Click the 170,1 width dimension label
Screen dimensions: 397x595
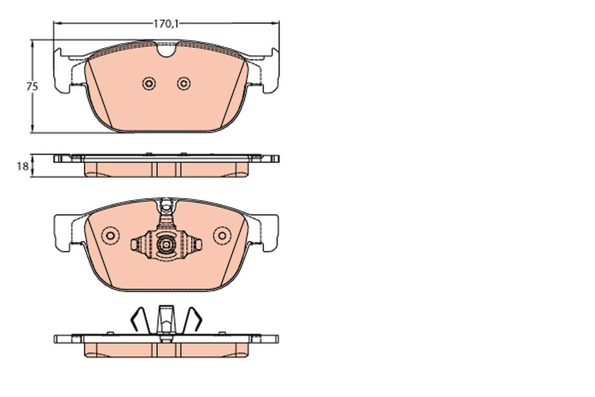pyautogui.click(x=166, y=24)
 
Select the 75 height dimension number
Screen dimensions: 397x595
pyautogui.click(x=32, y=86)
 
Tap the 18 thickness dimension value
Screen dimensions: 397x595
pyautogui.click(x=22, y=166)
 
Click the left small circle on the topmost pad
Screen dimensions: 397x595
pyautogui.click(x=149, y=84)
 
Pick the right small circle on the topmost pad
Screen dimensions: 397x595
pyautogui.click(x=184, y=84)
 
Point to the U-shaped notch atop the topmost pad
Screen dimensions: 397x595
pyautogui.click(x=166, y=50)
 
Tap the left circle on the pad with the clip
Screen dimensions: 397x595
pyautogui.click(x=109, y=235)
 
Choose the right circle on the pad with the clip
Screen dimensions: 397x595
pyautogui.click(x=222, y=235)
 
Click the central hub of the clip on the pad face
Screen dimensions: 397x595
pyautogui.click(x=166, y=245)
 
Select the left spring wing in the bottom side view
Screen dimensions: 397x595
pyautogui.click(x=138, y=319)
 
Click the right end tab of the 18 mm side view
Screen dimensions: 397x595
pyautogui.click(x=273, y=158)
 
